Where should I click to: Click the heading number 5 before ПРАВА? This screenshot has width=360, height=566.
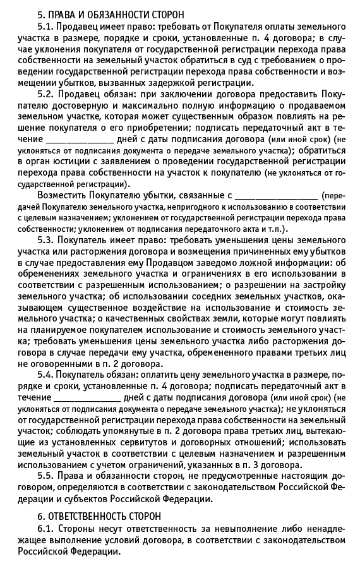pos(42,14)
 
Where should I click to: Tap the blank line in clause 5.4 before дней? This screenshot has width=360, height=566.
pos(87,398)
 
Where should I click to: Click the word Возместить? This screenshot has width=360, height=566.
pos(65,195)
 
